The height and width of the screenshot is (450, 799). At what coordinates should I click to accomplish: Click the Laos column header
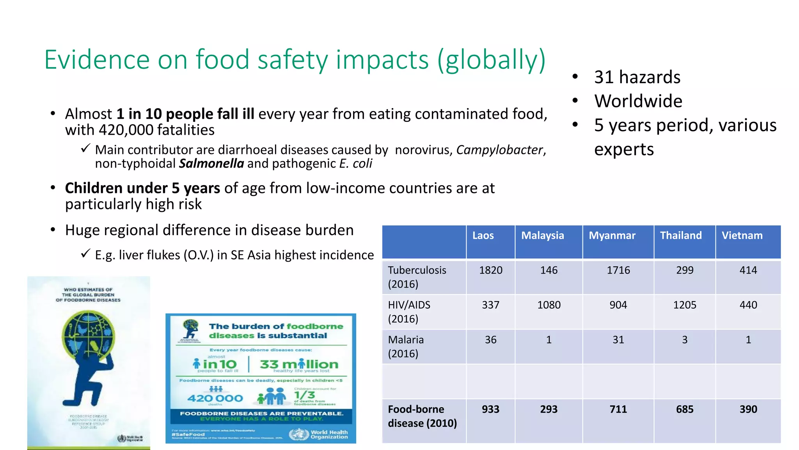(483, 236)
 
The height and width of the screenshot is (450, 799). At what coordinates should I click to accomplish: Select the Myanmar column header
(612, 236)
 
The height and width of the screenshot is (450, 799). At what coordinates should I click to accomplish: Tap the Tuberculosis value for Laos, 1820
(490, 270)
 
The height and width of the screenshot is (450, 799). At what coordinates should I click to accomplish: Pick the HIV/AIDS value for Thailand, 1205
(684, 305)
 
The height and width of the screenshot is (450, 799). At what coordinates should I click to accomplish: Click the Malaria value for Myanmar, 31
(618, 340)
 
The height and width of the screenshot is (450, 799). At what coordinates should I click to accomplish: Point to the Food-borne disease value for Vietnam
(748, 409)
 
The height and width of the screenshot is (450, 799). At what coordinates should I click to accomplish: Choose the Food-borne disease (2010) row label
(422, 416)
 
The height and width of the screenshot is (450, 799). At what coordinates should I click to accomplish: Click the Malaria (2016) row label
(406, 346)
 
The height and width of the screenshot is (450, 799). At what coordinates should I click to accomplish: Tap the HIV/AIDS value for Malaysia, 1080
(549, 305)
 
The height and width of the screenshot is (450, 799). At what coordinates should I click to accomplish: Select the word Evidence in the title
(97, 60)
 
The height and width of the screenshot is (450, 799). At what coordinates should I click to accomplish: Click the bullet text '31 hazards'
(637, 77)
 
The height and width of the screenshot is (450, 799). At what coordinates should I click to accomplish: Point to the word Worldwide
(638, 101)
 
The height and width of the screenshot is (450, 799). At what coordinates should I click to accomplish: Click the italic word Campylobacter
(500, 150)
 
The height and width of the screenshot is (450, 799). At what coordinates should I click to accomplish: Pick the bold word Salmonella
(211, 164)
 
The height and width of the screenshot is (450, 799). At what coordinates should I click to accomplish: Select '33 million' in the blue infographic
(299, 364)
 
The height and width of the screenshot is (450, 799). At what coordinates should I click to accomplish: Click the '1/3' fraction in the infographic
(304, 395)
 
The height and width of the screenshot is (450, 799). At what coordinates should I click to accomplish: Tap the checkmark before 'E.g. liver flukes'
(86, 254)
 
